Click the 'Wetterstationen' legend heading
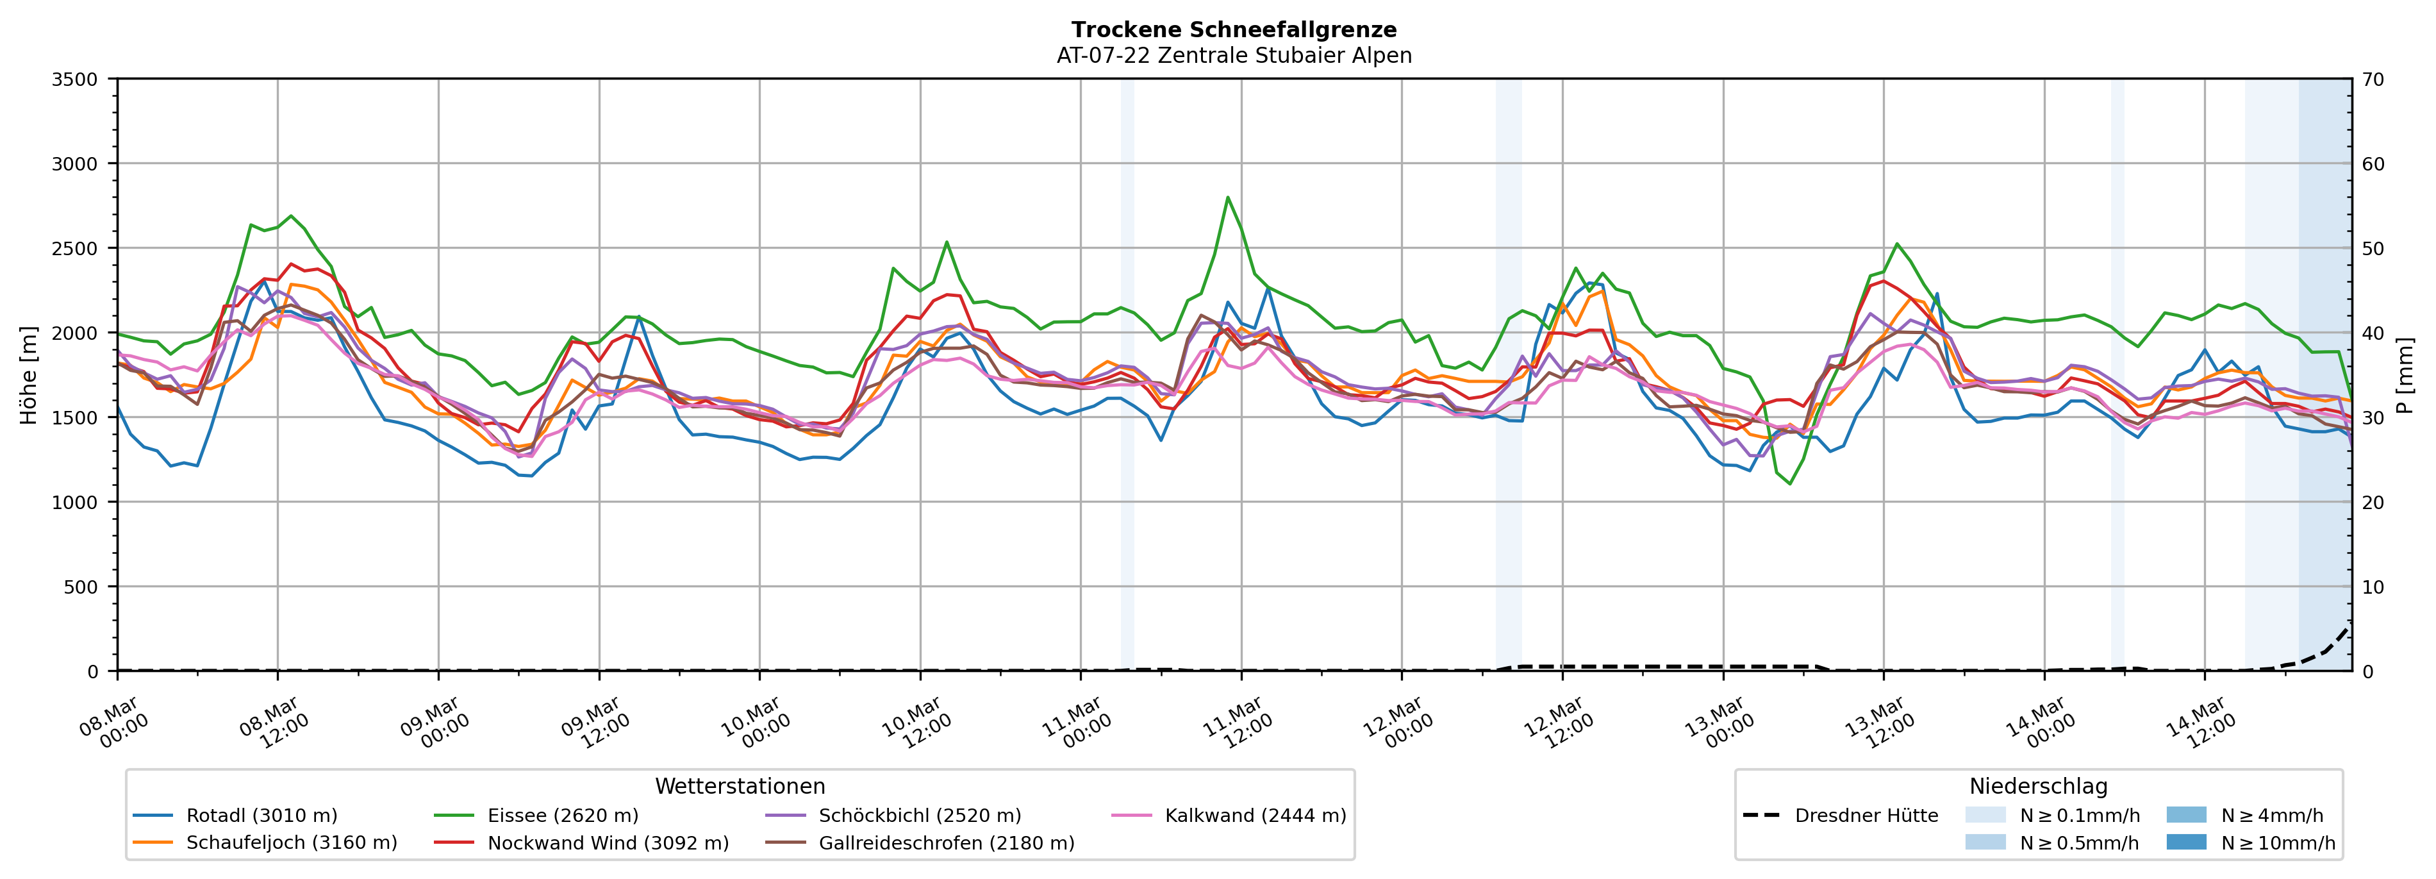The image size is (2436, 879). (x=740, y=786)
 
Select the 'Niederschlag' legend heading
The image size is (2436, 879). (x=2038, y=786)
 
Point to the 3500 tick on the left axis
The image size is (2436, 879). (x=75, y=80)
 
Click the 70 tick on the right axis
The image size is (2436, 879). (x=2373, y=80)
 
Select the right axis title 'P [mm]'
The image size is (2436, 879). (x=2405, y=374)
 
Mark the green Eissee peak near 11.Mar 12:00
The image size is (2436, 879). (x=1227, y=197)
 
